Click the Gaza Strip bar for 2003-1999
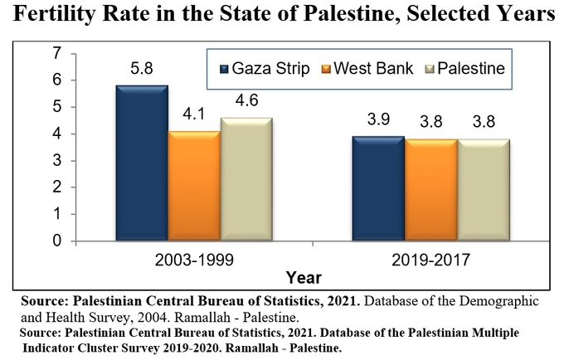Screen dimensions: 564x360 coord(142,163)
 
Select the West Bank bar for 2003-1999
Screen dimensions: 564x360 coord(194,186)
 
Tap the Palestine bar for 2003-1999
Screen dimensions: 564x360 coord(246,178)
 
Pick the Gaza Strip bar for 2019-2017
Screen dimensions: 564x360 coord(378,188)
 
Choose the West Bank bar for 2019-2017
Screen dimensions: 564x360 coord(431,189)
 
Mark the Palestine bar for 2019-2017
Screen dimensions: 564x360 coord(484,189)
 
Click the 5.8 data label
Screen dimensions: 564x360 coord(142,68)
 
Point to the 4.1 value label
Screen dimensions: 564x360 coord(194,114)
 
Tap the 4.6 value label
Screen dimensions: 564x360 coord(247,100)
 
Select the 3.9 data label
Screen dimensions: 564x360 coord(378,119)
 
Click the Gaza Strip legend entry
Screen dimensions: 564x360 coord(265,68)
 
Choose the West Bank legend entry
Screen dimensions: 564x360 coord(367,68)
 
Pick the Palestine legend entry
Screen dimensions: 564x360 coord(465,68)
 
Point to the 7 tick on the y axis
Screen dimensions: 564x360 coord(57,53)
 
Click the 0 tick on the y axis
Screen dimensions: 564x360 coord(57,241)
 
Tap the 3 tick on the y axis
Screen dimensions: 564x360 coord(57,160)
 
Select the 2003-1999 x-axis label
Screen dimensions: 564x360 coord(194,260)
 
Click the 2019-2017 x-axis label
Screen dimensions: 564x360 coord(431,260)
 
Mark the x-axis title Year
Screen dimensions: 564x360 coord(304,278)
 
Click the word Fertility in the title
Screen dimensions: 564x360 coord(55,13)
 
